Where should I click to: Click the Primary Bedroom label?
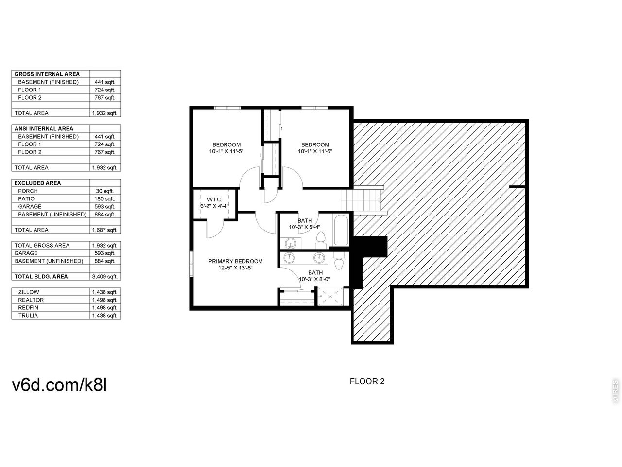(236, 261)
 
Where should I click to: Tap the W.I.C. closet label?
(214, 199)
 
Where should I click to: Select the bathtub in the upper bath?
(341, 230)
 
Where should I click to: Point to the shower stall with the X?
(330, 297)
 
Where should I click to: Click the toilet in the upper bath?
(321, 240)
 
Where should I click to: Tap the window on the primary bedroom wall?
(191, 263)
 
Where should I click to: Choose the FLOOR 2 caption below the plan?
(367, 381)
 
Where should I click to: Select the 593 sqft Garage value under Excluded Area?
(105, 206)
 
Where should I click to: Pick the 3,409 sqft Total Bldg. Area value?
(104, 276)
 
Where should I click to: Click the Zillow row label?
(29, 292)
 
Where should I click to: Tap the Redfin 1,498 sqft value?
(104, 307)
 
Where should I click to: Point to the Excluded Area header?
(37, 183)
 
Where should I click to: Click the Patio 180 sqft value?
(105, 199)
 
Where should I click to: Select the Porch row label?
(28, 191)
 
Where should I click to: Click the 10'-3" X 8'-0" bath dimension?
(314, 279)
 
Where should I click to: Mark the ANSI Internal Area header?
(44, 129)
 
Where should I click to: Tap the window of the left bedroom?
(227, 108)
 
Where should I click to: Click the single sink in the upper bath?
(291, 243)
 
